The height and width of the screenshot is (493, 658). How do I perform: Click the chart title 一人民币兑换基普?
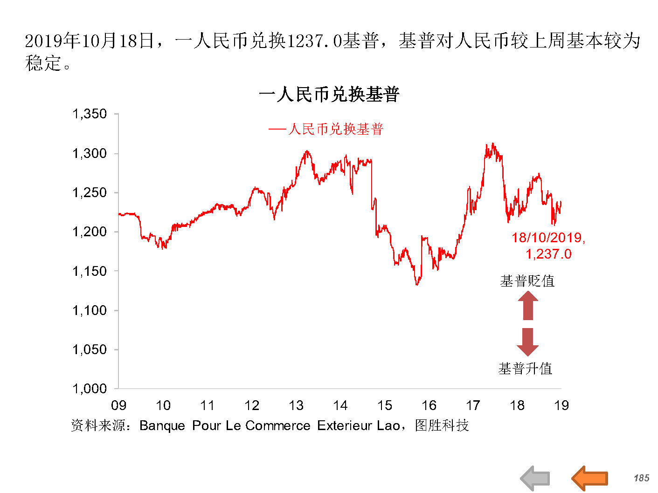(329, 95)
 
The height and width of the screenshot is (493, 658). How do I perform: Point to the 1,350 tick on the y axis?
(90, 114)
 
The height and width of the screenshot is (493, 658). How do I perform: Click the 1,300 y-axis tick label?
(90, 153)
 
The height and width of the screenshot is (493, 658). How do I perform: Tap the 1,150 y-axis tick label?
(90, 271)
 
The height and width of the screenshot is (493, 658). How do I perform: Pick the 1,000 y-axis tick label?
(90, 389)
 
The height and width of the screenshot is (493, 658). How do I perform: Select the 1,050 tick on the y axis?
(90, 349)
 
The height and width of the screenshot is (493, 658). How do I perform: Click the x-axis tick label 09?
(118, 405)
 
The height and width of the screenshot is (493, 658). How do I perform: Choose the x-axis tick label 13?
(296, 405)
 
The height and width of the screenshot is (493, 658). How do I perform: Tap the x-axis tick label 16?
(429, 405)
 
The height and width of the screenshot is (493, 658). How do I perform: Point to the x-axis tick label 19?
(561, 405)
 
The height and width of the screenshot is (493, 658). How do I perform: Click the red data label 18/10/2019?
(548, 238)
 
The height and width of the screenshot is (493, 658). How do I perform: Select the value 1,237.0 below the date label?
(548, 254)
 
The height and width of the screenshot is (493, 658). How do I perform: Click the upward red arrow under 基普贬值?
(528, 306)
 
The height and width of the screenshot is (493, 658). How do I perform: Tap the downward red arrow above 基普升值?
(528, 342)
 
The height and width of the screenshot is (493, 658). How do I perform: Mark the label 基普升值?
(525, 369)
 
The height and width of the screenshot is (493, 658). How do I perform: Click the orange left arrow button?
(589, 478)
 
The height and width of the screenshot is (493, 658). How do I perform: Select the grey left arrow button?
(535, 478)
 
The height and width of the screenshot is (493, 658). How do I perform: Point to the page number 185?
(641, 478)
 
